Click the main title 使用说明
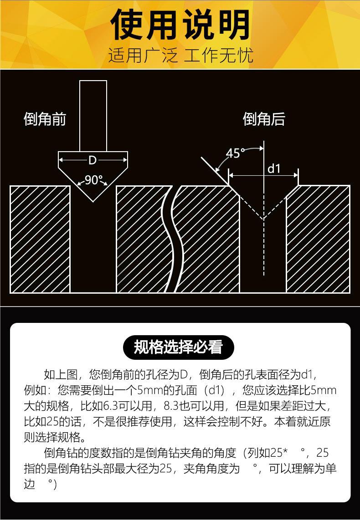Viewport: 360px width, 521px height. [x=180, y=25]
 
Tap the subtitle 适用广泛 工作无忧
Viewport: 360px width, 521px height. [x=180, y=56]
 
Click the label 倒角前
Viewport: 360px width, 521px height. [x=45, y=119]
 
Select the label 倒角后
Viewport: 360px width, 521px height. [x=264, y=119]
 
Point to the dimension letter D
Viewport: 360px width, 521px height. [x=93, y=160]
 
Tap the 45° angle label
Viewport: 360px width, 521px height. [x=235, y=153]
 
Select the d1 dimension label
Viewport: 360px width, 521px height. [x=274, y=169]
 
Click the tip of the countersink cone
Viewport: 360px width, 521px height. [x=93, y=200]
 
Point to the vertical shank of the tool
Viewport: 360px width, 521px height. [x=93, y=116]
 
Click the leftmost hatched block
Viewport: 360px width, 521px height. [x=40, y=239]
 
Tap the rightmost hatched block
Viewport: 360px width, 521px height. [x=318, y=239]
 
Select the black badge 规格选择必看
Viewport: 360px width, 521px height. [x=178, y=347]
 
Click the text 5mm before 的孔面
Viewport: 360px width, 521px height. [x=149, y=390]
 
